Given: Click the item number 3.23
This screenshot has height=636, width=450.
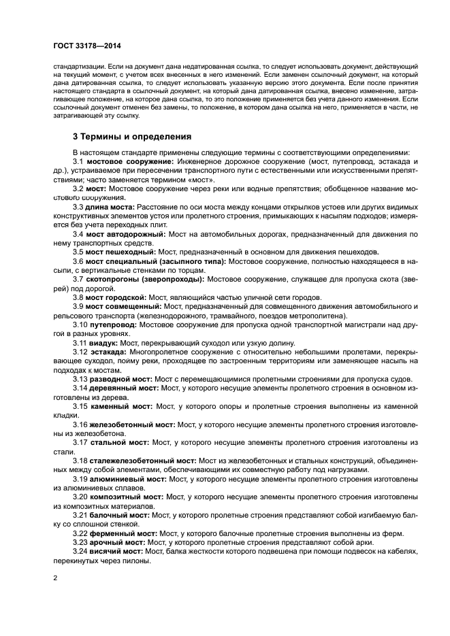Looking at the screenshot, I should pyautogui.click(x=80, y=542).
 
